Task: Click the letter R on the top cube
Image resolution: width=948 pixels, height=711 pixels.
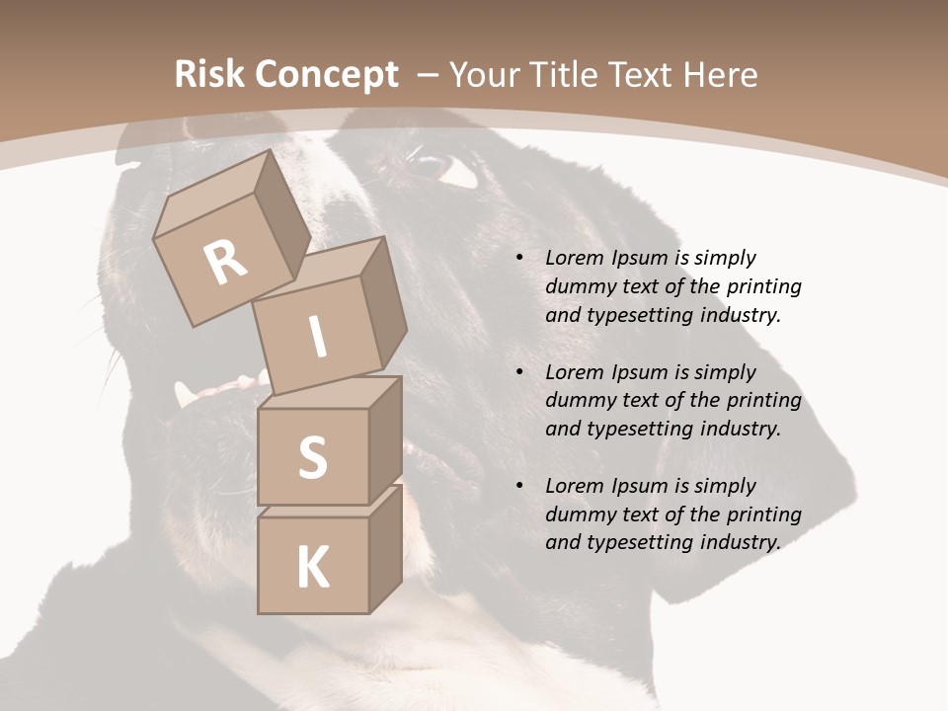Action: pyautogui.click(x=225, y=263)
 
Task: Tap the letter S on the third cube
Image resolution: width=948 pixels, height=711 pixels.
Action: pyautogui.click(x=312, y=457)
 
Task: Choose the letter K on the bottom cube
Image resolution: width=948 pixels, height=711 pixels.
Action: pyautogui.click(x=312, y=568)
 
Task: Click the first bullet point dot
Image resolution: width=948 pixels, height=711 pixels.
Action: pyautogui.click(x=518, y=259)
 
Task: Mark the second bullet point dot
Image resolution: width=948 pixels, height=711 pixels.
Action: pyautogui.click(x=518, y=373)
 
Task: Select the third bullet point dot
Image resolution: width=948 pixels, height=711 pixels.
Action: pyautogui.click(x=518, y=487)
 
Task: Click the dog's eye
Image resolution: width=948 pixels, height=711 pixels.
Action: pyautogui.click(x=434, y=166)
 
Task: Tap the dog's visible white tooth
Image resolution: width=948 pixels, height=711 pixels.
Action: pyautogui.click(x=185, y=395)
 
